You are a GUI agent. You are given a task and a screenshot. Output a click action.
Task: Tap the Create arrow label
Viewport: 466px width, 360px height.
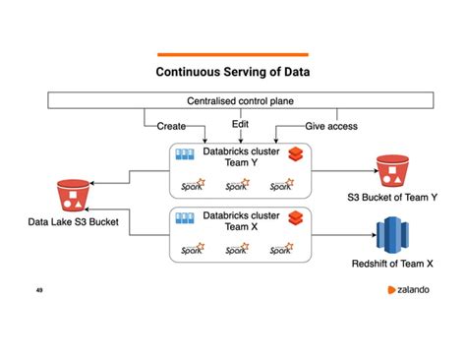pyautogui.click(x=172, y=126)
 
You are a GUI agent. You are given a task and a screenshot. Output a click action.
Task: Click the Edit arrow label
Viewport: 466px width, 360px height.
pyautogui.click(x=240, y=124)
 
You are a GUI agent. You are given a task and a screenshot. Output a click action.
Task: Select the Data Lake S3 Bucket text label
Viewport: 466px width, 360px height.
pyautogui.click(x=72, y=223)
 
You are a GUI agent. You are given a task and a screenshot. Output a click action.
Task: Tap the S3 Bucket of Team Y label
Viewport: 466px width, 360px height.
pyautogui.click(x=392, y=198)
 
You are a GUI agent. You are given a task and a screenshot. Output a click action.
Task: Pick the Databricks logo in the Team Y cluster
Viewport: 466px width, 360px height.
pyautogui.click(x=293, y=155)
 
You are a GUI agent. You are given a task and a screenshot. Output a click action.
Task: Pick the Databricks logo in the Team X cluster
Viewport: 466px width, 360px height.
pyautogui.click(x=293, y=219)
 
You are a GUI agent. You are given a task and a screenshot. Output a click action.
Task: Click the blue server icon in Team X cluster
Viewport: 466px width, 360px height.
pyautogui.click(x=184, y=218)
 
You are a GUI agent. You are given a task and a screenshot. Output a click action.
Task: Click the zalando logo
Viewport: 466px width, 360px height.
pyautogui.click(x=407, y=291)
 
